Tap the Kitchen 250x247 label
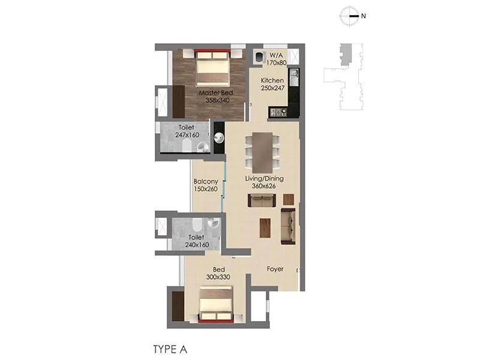point(272,84)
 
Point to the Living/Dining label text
point(264,182)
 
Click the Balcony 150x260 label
point(205,185)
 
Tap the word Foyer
point(275,269)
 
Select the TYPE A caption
point(172,347)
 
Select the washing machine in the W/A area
point(259,57)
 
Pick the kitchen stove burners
point(278,112)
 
